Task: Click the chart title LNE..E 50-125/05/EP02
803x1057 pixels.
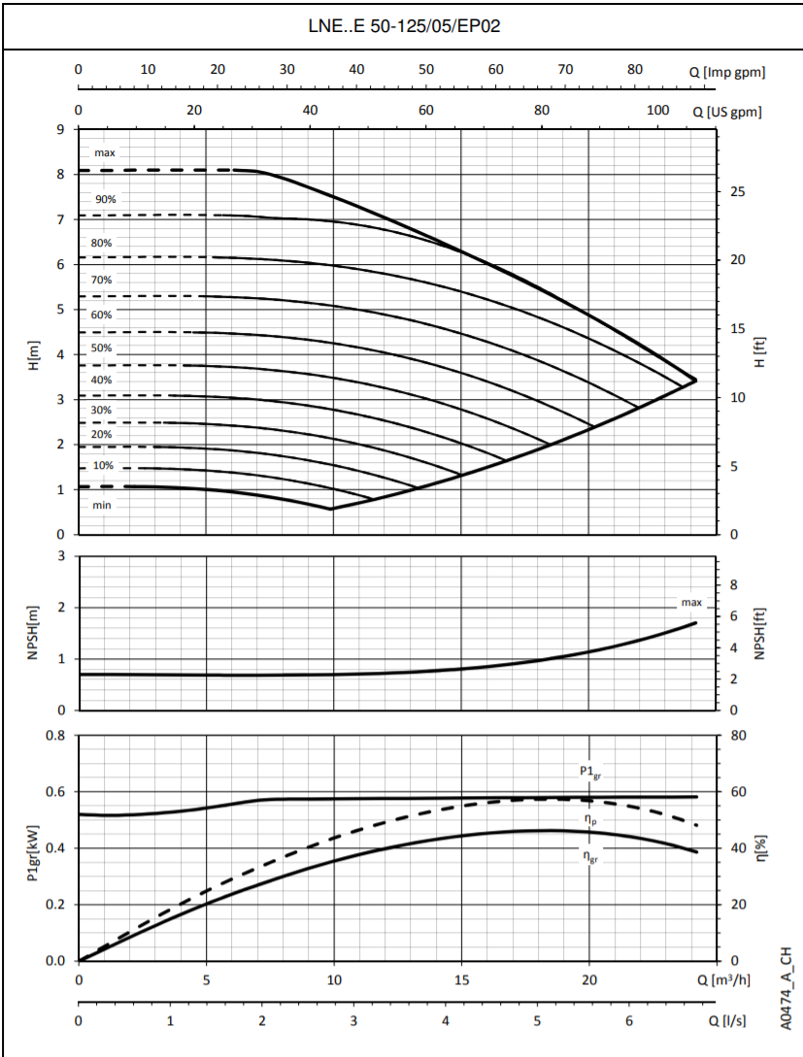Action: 402,26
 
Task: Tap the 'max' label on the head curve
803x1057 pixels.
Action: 105,153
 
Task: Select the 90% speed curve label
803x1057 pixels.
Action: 105,199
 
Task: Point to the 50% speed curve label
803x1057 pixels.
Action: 102,347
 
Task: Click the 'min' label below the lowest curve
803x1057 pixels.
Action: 102,506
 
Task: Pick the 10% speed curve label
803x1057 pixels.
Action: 102,466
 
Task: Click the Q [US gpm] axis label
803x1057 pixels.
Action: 727,112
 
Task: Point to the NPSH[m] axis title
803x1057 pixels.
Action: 34,632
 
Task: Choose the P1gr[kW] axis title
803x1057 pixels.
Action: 34,847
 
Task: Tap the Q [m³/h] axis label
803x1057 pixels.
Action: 723,978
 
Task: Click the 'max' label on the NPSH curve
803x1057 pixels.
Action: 691,603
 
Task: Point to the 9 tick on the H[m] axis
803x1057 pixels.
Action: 61,129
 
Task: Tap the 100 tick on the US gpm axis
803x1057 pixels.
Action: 658,110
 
